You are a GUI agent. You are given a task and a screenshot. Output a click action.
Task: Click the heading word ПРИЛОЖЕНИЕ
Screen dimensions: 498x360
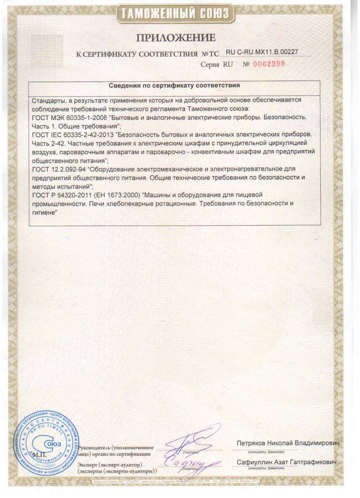[x=176, y=38]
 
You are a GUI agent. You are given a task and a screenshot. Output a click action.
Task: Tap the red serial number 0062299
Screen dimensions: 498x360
[x=269, y=64]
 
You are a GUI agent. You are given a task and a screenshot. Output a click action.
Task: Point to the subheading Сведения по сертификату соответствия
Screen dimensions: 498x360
[x=174, y=86]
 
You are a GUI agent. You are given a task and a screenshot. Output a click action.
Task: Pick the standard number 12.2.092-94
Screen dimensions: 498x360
[x=66, y=169]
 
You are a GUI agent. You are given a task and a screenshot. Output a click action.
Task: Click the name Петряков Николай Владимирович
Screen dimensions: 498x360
[x=288, y=443]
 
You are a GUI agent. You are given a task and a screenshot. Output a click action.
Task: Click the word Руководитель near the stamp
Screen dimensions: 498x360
[x=96, y=448]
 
